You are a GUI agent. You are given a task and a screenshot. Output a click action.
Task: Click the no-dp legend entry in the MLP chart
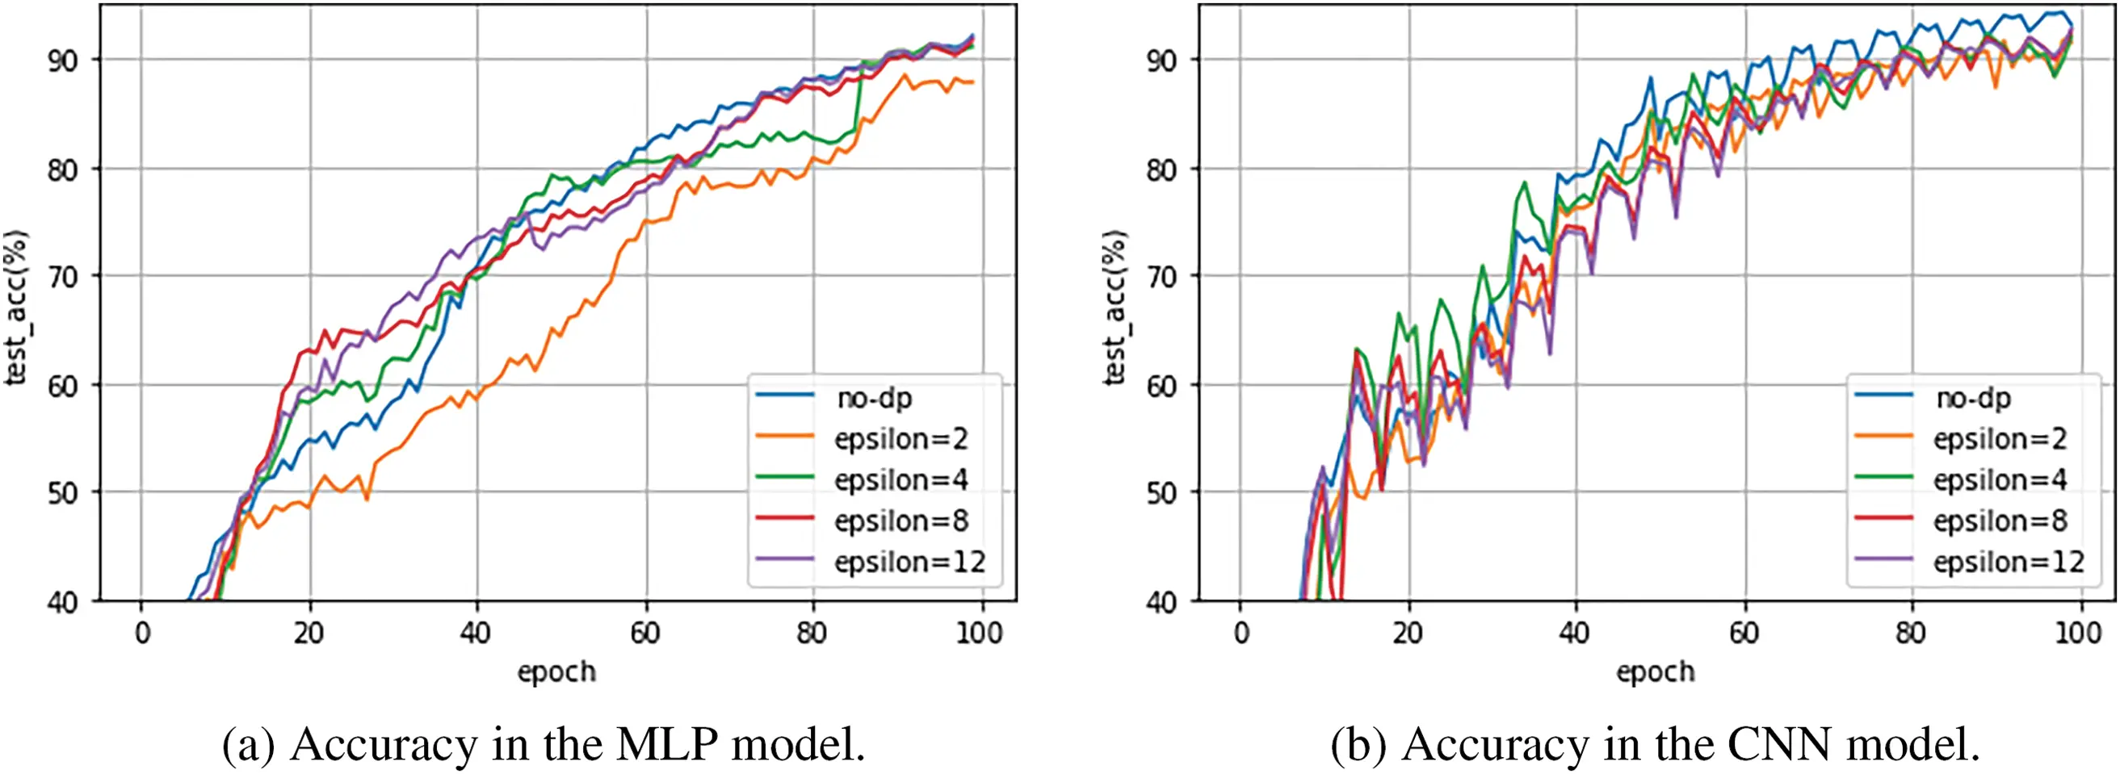click(x=874, y=398)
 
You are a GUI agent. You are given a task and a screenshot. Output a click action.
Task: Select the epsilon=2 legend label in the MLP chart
click(x=900, y=439)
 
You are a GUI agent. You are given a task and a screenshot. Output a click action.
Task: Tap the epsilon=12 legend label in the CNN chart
click(x=2008, y=563)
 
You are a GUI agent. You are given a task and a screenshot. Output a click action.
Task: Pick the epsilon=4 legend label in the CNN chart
click(x=1999, y=480)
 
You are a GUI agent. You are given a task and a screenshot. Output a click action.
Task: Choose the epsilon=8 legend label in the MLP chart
click(x=900, y=521)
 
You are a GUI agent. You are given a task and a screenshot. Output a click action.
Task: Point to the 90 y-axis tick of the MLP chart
click(x=62, y=60)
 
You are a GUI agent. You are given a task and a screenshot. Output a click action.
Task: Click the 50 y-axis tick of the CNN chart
click(x=1162, y=493)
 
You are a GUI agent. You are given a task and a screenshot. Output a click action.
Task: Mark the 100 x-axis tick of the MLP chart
click(x=980, y=634)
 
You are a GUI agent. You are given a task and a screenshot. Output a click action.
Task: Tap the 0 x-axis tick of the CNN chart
click(x=1241, y=634)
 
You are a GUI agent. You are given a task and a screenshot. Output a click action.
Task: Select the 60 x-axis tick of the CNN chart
click(x=1744, y=634)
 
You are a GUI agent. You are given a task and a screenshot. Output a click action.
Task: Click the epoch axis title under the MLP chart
click(x=556, y=672)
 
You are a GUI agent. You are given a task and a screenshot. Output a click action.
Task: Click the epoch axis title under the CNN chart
click(x=1656, y=672)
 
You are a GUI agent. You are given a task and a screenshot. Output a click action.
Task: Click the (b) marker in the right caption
click(x=1358, y=744)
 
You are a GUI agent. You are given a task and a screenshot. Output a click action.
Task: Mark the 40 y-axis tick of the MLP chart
click(x=62, y=603)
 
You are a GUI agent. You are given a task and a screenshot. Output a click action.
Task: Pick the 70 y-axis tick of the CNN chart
click(x=1162, y=277)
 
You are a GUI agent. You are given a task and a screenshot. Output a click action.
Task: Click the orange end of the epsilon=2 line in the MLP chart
click(x=972, y=82)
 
